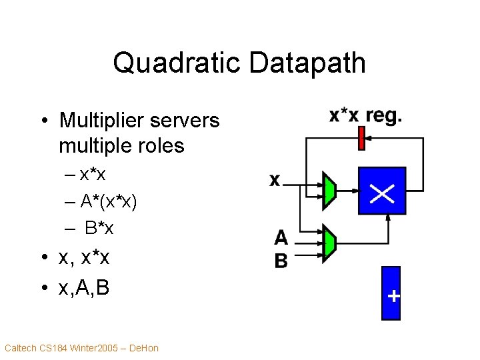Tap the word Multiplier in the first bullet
(101, 121)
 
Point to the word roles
(159, 145)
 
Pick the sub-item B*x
(99, 228)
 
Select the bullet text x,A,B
(84, 288)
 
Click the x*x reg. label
(365, 115)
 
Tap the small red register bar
(362, 139)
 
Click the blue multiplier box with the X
(381, 191)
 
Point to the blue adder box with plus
(391, 294)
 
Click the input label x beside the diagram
(275, 180)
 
